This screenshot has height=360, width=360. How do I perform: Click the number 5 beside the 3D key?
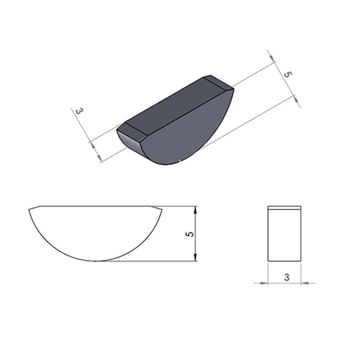click(x=288, y=74)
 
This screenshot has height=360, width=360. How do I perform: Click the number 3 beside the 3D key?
click(x=79, y=111)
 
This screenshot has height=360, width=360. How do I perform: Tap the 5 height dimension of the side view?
click(x=190, y=234)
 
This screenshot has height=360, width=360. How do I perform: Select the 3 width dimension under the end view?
click(x=286, y=277)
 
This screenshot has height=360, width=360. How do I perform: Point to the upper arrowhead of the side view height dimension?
click(x=196, y=210)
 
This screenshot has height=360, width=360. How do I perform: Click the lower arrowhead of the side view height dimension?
click(x=196, y=257)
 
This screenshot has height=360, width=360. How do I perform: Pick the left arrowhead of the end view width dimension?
click(x=264, y=283)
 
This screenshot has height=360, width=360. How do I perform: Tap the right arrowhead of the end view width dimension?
click(x=305, y=283)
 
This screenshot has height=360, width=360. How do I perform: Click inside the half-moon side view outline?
click(x=95, y=229)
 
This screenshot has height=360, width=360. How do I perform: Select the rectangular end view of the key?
click(x=284, y=234)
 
